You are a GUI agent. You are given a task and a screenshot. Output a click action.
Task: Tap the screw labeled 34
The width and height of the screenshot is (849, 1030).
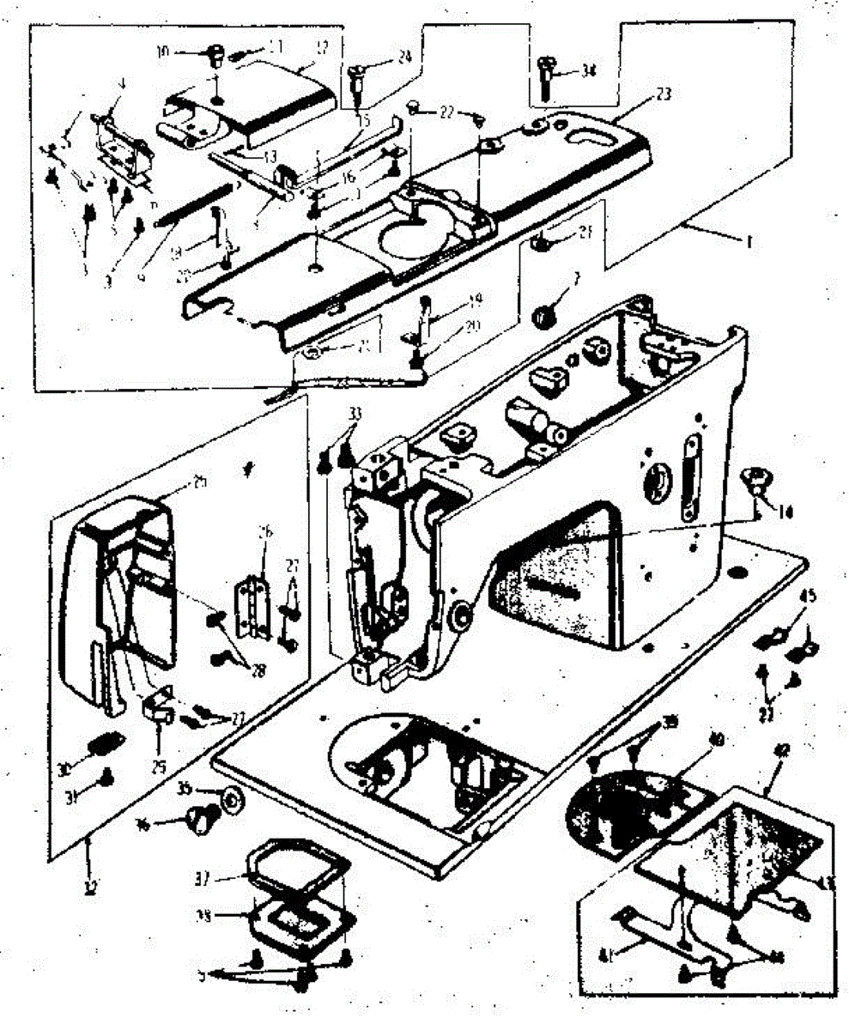click(x=545, y=76)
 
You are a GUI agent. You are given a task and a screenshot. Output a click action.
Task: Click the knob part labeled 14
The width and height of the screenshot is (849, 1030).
click(x=755, y=480)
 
